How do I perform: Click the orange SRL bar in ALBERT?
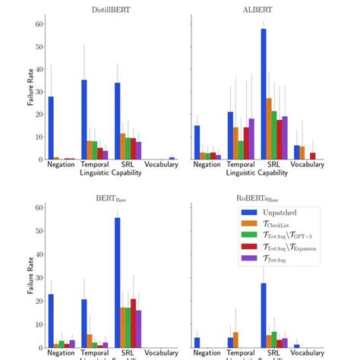pos(269,128)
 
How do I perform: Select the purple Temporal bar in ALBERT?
pos(251,139)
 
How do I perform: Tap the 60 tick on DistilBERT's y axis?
pos(37,24)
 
